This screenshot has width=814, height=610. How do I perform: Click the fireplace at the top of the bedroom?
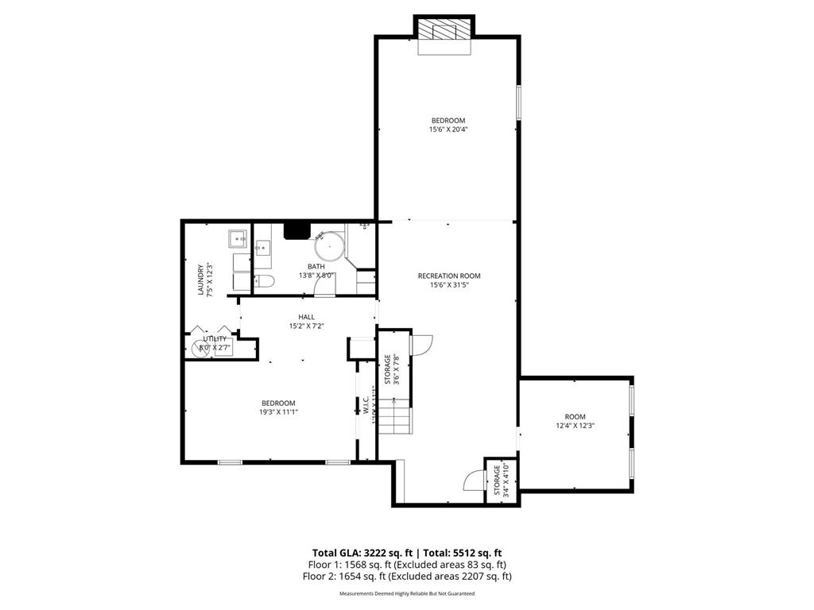[x=444, y=32]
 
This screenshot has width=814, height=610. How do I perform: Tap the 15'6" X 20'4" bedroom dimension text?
[x=448, y=129]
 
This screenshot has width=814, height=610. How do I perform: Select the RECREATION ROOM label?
[x=449, y=276]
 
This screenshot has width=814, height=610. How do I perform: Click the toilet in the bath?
[x=264, y=280]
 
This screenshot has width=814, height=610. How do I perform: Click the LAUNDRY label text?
[x=201, y=280]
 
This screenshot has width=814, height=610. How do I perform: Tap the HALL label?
[x=306, y=317]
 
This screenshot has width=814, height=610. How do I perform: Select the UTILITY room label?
[x=214, y=339]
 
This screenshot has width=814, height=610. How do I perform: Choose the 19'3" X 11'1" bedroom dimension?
[x=277, y=412]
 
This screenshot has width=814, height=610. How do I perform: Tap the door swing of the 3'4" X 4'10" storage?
[x=475, y=481]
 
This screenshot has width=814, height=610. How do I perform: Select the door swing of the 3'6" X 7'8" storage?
[x=421, y=343]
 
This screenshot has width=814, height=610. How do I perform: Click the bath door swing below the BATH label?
[x=324, y=285]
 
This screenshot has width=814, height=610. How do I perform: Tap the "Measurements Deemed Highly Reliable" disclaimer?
[x=406, y=593]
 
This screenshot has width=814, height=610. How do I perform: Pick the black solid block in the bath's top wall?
[x=297, y=230]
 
